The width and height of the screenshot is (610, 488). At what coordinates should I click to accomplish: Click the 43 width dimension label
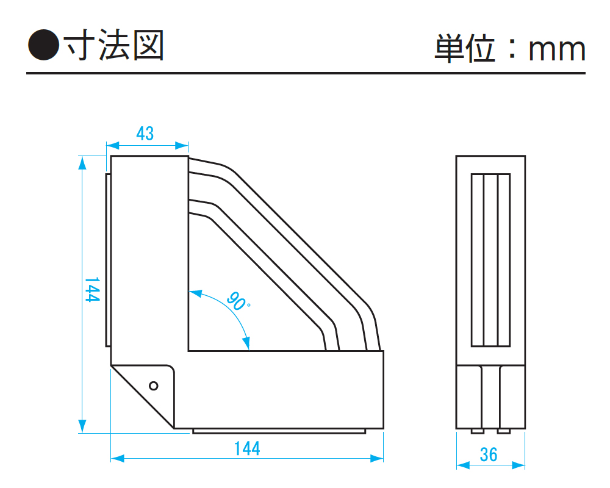[x=145, y=134]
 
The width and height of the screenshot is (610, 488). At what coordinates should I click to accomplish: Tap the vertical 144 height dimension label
[x=92, y=290]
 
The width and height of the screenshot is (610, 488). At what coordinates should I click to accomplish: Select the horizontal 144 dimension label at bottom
[x=247, y=448]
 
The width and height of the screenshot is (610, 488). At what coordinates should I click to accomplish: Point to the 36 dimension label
[x=489, y=454]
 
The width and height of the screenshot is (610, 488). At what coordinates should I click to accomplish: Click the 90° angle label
[x=238, y=301]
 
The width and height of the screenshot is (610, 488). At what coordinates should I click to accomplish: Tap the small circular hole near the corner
[x=154, y=386]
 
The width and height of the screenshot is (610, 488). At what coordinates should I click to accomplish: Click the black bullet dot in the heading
[x=43, y=45]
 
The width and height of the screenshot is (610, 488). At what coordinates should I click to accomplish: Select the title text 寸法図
[x=114, y=46]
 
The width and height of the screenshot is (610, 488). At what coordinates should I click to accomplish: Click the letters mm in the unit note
[x=557, y=50]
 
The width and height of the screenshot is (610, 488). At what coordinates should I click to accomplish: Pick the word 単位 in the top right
[x=465, y=48]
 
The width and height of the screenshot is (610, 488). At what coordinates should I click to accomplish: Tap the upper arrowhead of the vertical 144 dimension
[x=82, y=162]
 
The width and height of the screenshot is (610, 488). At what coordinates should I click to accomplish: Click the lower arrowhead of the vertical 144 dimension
[x=82, y=426]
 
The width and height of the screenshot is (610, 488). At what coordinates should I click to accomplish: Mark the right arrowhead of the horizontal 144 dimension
[x=376, y=459]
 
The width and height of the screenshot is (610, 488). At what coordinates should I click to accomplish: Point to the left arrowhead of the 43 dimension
[x=113, y=146]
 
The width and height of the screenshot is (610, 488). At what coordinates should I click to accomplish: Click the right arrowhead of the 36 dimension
[x=518, y=465]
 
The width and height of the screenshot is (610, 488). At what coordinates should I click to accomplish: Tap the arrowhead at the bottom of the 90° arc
[x=246, y=343]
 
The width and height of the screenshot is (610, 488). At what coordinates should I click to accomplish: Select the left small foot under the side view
[x=478, y=431]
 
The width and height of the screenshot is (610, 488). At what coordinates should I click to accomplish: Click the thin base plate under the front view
[x=279, y=431]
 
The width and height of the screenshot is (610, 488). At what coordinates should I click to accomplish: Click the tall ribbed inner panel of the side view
[x=490, y=260]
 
